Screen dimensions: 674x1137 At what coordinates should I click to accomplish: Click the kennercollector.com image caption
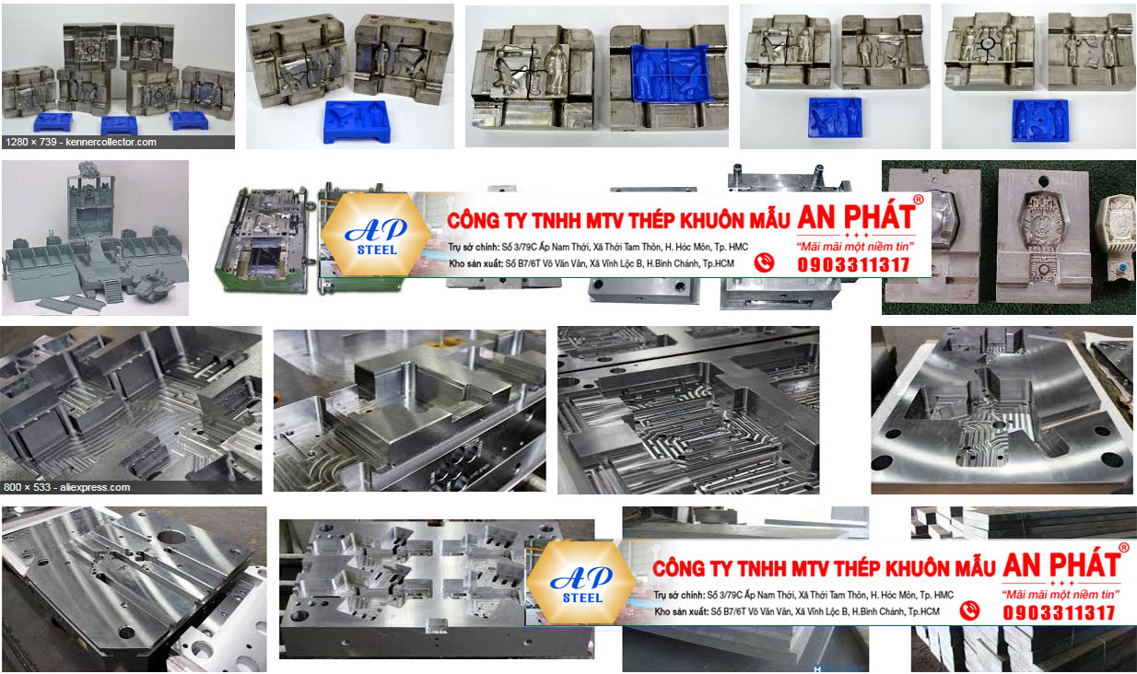81,142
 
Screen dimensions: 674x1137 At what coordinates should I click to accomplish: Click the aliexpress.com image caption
67,487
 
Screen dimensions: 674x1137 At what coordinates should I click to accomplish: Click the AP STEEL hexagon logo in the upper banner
377,235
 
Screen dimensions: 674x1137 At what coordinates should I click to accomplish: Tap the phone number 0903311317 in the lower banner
1059,612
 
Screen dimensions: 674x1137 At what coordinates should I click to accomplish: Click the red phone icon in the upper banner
764,263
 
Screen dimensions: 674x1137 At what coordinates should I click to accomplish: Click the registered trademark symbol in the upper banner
918,200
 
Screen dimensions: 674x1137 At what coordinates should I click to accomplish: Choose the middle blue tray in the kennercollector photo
119,123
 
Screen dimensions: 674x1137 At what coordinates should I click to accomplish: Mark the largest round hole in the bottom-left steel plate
170,538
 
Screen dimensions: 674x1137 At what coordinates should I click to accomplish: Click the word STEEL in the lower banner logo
581,598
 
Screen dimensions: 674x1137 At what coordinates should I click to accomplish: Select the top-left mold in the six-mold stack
89,44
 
